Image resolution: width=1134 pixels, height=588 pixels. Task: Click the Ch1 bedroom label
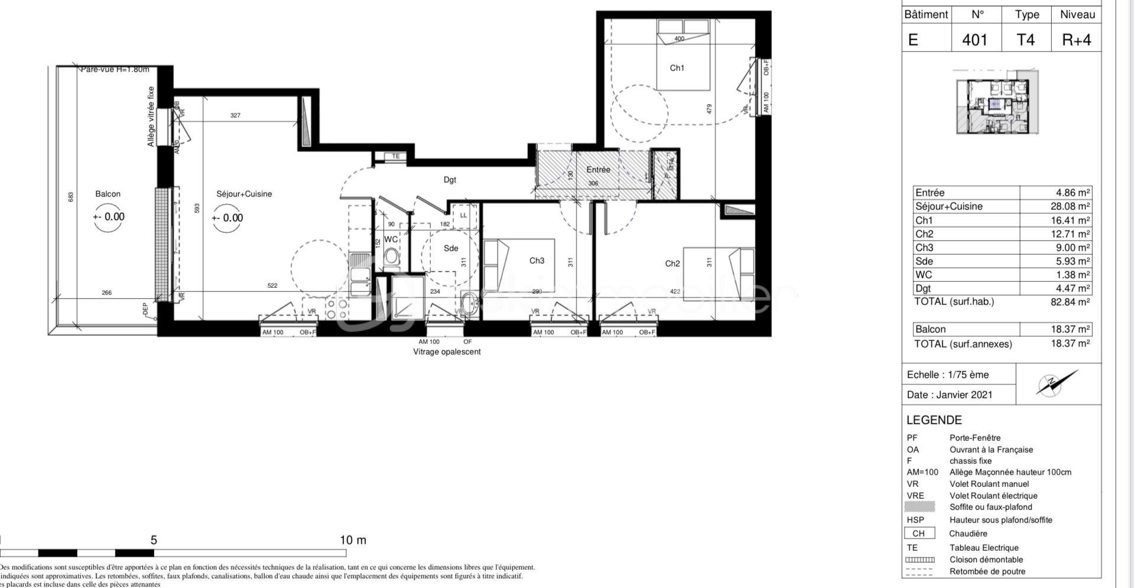[x=677, y=68]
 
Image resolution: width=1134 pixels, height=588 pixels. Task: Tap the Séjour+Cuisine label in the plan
[x=244, y=194]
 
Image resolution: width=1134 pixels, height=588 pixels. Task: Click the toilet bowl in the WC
[x=391, y=256]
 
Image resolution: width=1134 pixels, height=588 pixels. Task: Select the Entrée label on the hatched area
[x=598, y=170]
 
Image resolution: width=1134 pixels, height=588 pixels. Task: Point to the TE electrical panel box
[x=396, y=157]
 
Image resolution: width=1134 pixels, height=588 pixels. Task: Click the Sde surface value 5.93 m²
[x=1073, y=261]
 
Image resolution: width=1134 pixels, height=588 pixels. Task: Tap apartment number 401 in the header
[x=974, y=40]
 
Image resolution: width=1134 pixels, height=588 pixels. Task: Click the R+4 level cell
[x=1076, y=40]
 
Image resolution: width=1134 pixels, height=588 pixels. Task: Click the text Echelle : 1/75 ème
[x=947, y=375]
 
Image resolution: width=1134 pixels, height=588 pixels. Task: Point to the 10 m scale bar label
[x=353, y=540]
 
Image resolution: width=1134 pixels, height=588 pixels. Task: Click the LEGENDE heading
[x=934, y=420]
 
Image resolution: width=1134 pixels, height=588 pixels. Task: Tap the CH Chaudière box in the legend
[x=919, y=533]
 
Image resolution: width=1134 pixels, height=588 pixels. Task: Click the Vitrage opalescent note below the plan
[x=447, y=352]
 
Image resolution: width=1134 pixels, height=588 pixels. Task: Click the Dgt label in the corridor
[x=450, y=180]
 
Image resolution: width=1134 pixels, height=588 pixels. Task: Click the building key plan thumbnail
[x=997, y=102]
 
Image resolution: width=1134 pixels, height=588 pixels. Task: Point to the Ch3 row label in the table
[x=924, y=248]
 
